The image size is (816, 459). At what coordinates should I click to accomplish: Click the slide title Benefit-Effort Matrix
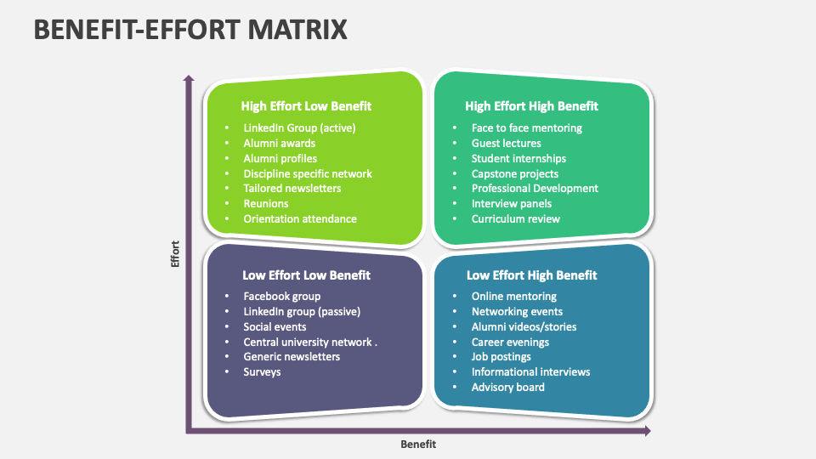click(190, 29)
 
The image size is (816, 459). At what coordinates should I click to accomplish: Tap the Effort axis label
click(175, 254)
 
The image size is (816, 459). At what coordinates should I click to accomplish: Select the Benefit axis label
click(418, 444)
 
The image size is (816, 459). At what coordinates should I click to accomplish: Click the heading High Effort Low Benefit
click(306, 106)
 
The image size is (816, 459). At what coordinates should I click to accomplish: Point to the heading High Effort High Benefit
click(531, 106)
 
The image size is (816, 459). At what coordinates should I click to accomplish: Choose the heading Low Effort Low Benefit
click(306, 275)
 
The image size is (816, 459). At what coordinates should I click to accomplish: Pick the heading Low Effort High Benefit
click(531, 275)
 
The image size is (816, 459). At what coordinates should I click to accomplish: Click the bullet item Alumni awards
click(279, 143)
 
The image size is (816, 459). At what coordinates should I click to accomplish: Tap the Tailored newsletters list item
click(292, 189)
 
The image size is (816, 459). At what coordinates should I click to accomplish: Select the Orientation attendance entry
click(300, 219)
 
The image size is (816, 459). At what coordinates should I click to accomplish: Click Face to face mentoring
click(527, 128)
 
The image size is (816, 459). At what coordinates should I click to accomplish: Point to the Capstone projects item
click(515, 173)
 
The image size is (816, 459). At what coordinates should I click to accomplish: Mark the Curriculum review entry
click(515, 219)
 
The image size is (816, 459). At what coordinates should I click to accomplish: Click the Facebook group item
click(281, 297)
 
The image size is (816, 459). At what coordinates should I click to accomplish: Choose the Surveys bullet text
click(262, 372)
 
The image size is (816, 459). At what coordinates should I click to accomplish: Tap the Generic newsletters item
click(292, 357)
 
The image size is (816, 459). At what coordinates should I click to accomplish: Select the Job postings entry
click(501, 357)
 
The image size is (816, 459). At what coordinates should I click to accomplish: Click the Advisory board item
click(507, 388)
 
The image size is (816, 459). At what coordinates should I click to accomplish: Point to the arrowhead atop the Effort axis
click(189, 78)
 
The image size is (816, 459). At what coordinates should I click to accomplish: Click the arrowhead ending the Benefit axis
click(648, 430)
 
